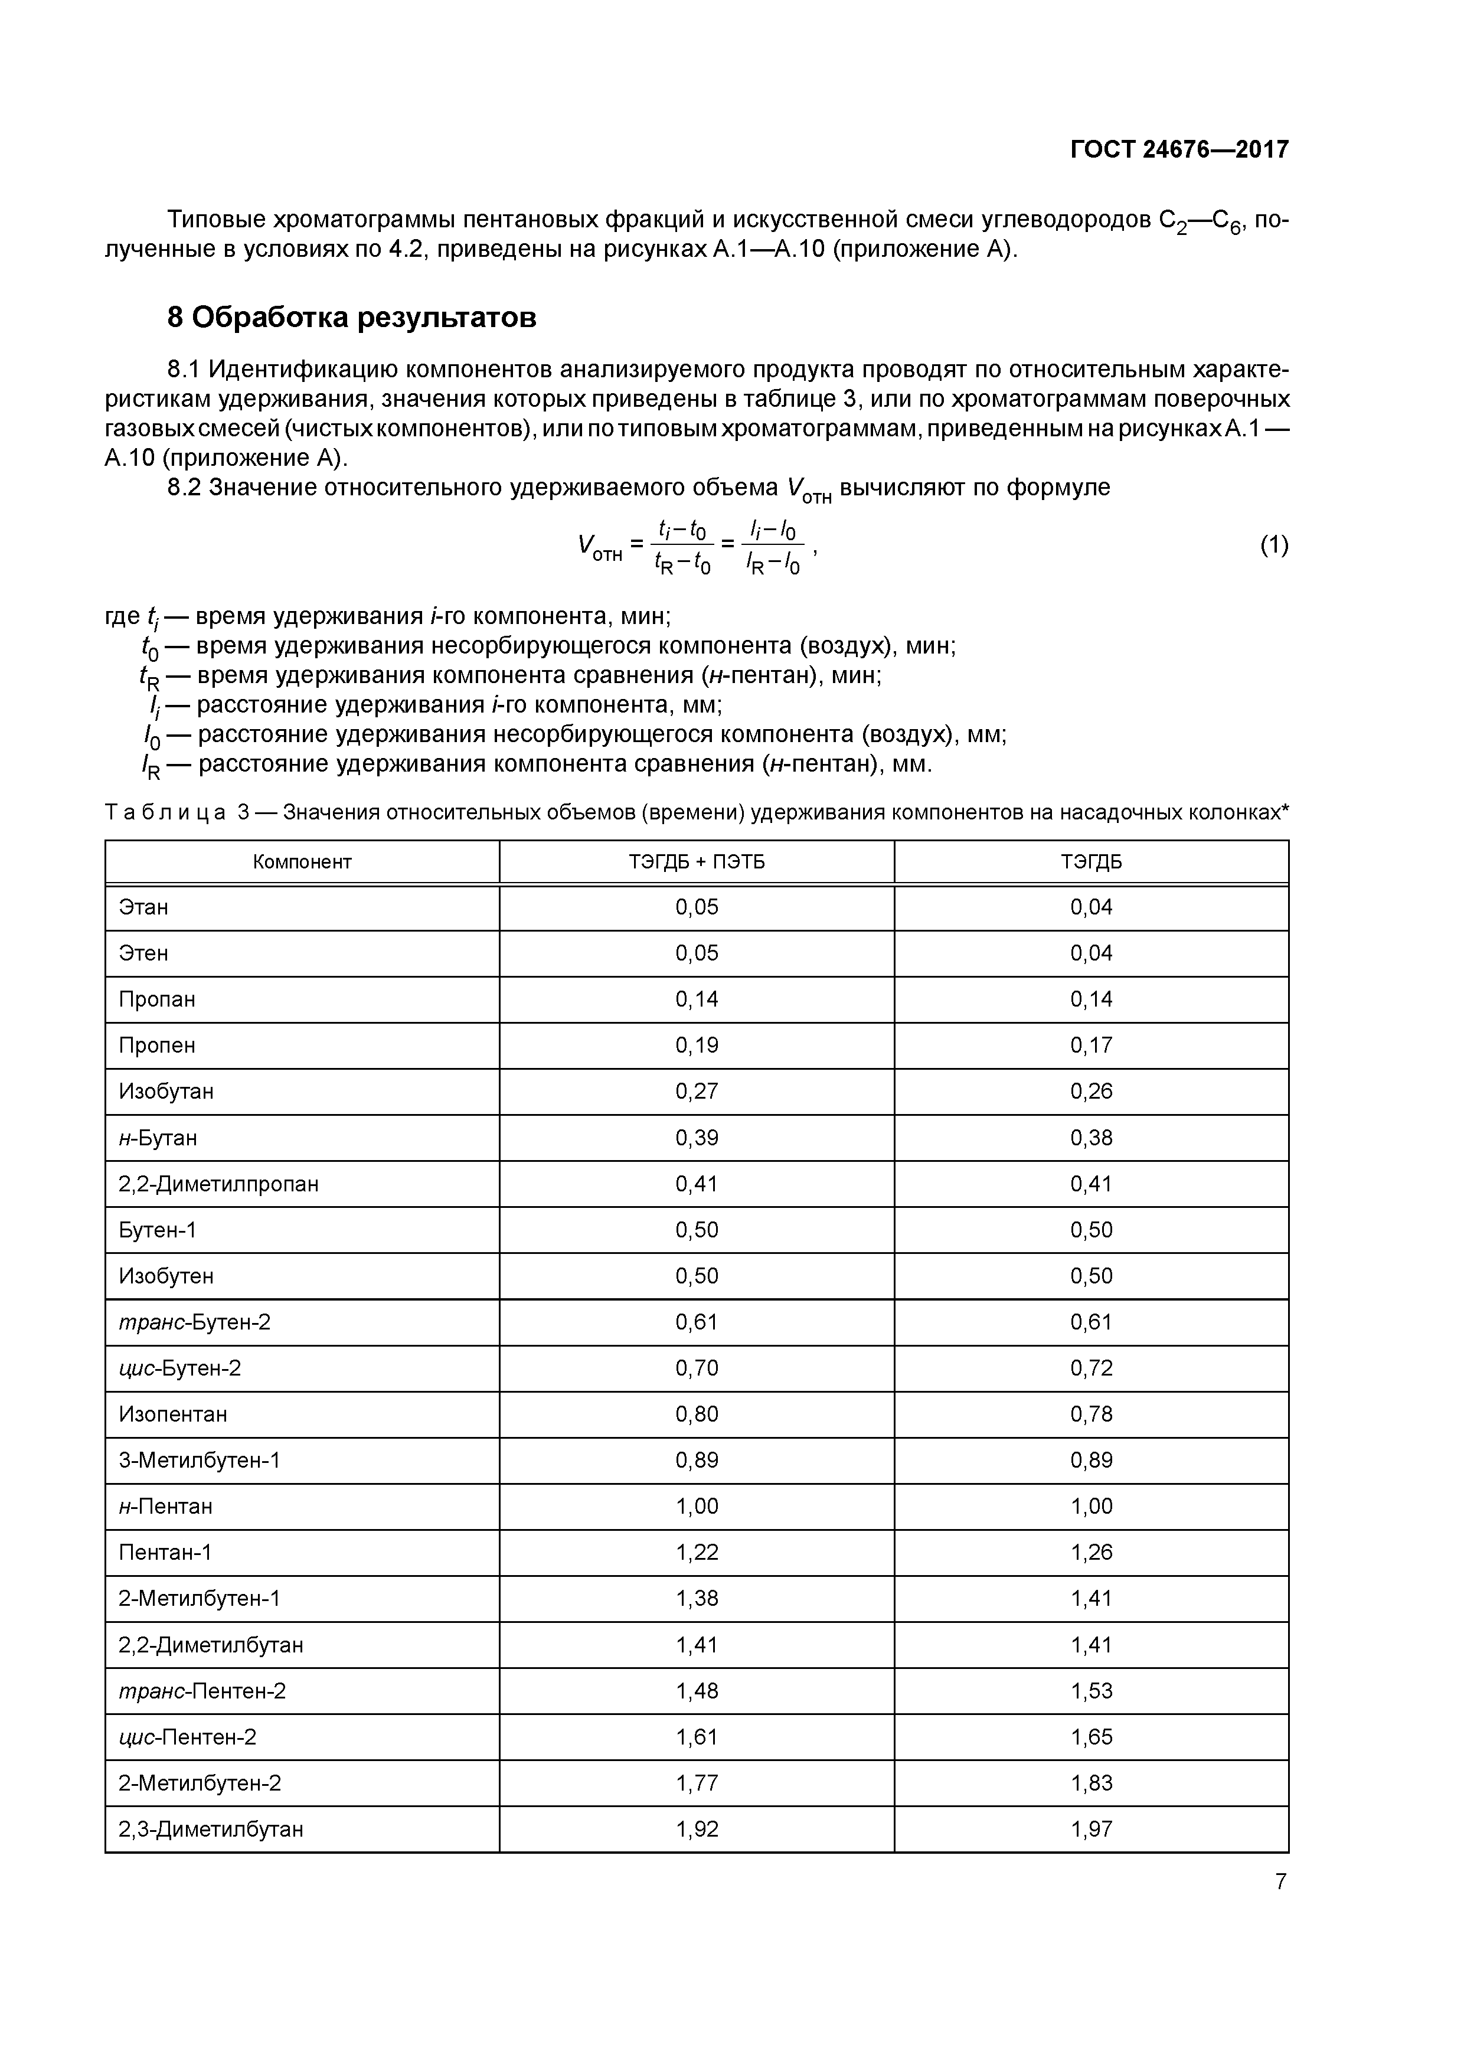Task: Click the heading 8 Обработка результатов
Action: click(x=352, y=318)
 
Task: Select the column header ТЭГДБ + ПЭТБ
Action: click(x=697, y=861)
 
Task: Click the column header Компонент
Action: click(x=302, y=861)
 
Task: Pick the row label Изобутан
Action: click(x=166, y=1092)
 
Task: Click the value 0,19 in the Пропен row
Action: click(x=697, y=1046)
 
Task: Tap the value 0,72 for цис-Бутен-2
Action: click(x=1092, y=1368)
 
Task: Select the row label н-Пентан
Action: click(x=166, y=1507)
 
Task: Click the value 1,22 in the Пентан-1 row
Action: click(x=697, y=1552)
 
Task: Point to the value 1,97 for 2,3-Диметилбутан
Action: click(x=1092, y=1830)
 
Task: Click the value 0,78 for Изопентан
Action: click(x=1092, y=1415)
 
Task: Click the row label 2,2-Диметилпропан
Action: click(x=218, y=1184)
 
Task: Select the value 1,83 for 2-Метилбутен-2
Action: click(x=1092, y=1783)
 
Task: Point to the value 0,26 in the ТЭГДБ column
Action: click(x=1092, y=1092)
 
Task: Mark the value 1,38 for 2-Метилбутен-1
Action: click(x=697, y=1598)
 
